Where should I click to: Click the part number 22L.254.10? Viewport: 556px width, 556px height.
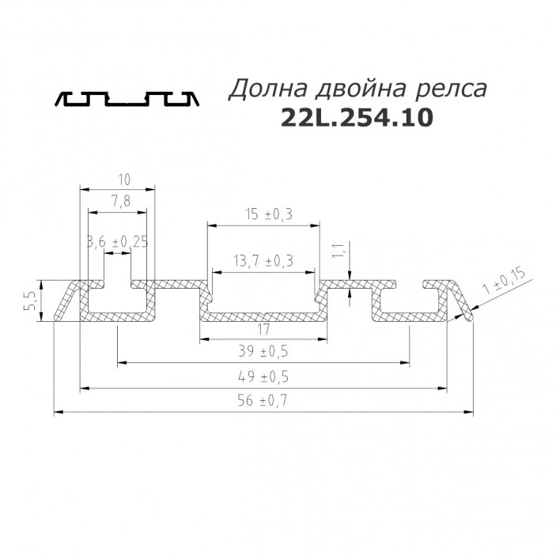click(x=357, y=118)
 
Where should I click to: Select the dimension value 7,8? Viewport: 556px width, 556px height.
click(x=120, y=202)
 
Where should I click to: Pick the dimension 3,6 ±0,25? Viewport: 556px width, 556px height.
click(x=117, y=242)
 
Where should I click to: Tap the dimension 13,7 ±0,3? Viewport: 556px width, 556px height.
click(x=263, y=260)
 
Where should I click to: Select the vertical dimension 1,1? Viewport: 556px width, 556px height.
click(x=337, y=252)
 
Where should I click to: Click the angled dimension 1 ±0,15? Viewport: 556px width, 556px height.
click(x=504, y=284)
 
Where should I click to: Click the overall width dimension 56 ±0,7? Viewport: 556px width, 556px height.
click(x=263, y=401)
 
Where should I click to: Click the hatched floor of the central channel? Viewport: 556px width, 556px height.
click(x=263, y=316)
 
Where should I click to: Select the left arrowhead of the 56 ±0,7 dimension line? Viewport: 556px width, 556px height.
click(x=58, y=412)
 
